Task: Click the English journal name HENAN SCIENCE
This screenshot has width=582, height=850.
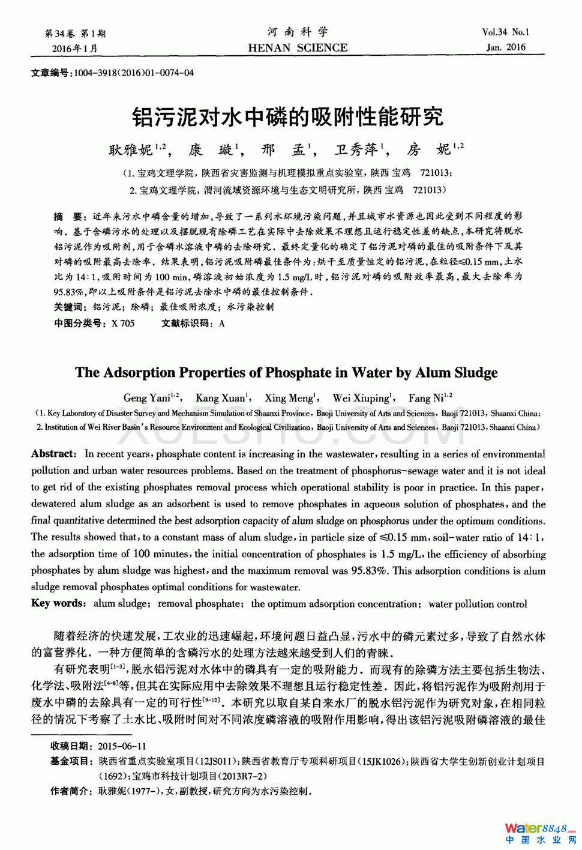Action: tap(298, 48)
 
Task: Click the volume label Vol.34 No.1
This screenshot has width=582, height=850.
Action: tap(505, 32)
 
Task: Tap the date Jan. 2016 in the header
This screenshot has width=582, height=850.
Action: tap(506, 47)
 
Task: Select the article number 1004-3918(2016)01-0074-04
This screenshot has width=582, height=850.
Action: tap(134, 73)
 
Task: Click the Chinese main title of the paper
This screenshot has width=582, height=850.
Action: tap(287, 116)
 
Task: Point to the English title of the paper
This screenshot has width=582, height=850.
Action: tap(286, 373)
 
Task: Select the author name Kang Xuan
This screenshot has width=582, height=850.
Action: tap(220, 398)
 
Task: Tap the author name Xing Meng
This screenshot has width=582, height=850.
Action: tap(289, 398)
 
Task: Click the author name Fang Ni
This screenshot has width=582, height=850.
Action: tap(427, 398)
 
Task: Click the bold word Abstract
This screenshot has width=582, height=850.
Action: tap(53, 454)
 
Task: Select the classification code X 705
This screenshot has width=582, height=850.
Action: tap(123, 324)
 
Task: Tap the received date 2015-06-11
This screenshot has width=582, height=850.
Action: tap(122, 746)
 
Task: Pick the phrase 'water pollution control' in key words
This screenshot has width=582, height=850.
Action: tap(478, 604)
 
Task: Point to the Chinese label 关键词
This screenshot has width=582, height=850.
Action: tap(69, 307)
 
